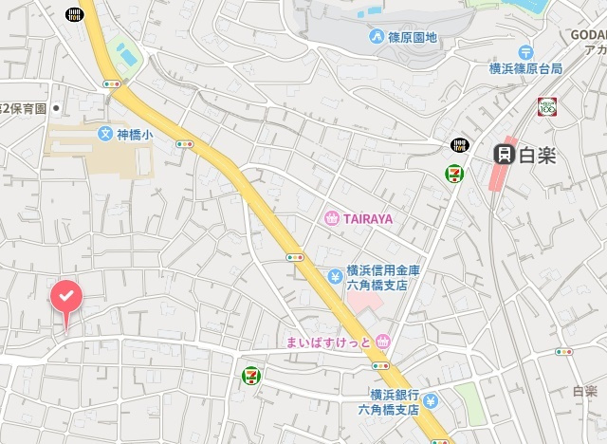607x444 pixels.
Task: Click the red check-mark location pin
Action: pos(65,298)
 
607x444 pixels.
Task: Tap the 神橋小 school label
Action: pos(134,134)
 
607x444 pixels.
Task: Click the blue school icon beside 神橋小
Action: pos(105,134)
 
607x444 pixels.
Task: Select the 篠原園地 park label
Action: pos(412,37)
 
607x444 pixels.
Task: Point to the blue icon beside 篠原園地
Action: pos(377,37)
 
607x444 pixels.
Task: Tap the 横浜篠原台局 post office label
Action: pos(525,68)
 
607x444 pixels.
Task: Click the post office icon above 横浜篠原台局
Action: pos(525,52)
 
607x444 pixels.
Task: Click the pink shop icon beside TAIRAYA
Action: pos(332,218)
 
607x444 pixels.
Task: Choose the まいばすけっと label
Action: pos(322,342)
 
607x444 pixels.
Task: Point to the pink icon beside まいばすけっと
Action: pos(382,342)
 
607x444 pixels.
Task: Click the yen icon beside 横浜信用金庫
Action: pos(335,276)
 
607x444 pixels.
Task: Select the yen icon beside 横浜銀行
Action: pos(431,402)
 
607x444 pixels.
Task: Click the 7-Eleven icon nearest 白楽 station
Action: pos(455,173)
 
